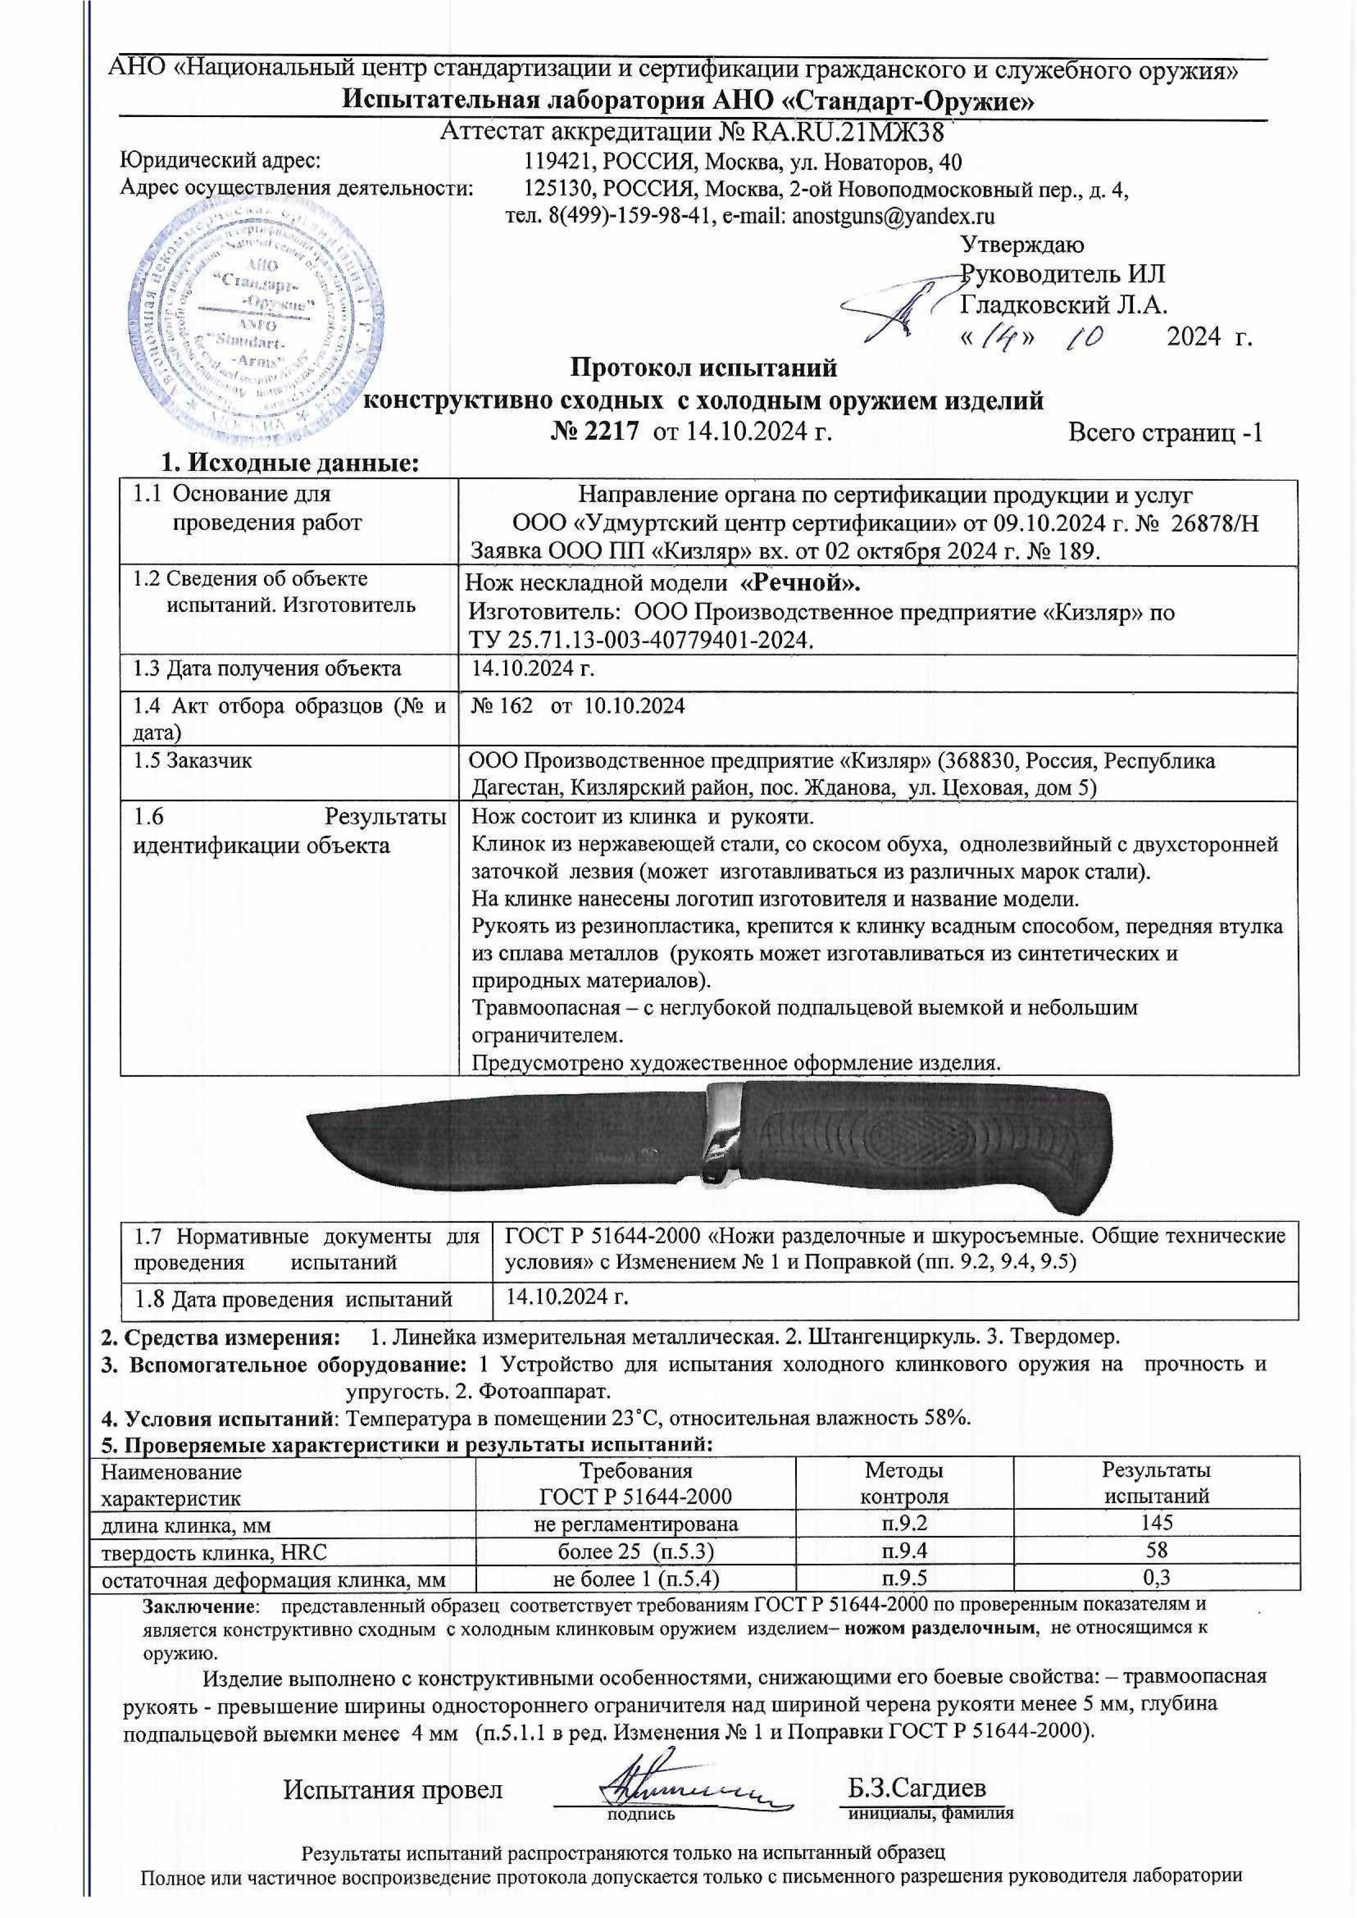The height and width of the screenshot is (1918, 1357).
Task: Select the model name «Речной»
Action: [801, 582]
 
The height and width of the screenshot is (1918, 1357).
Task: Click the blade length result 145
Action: [1156, 1521]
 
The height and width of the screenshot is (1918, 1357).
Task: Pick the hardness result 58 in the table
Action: [1156, 1549]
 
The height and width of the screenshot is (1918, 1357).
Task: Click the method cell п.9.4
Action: [903, 1549]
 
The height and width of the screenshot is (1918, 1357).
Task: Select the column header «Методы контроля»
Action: [903, 1482]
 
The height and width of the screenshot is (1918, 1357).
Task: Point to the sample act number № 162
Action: [502, 706]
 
